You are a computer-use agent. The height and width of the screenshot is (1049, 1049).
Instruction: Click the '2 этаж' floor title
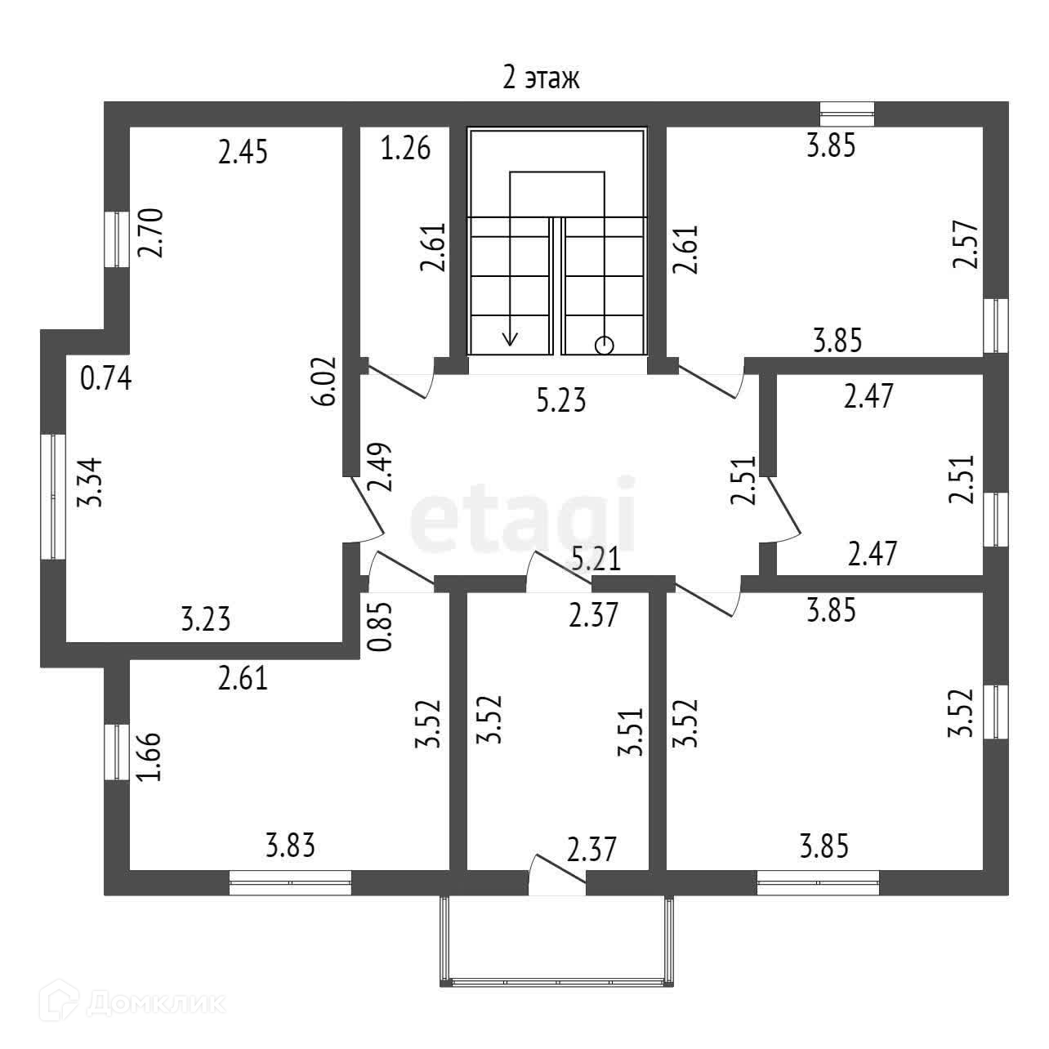click(541, 78)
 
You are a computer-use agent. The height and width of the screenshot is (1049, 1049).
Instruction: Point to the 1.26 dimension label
click(405, 150)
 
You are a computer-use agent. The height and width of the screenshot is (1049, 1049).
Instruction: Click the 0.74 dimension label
click(106, 379)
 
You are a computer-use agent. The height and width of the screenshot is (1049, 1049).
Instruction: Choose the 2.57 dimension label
click(965, 245)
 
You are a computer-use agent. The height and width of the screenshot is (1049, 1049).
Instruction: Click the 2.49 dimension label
click(381, 466)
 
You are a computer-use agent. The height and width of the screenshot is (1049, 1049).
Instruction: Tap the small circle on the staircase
click(604, 346)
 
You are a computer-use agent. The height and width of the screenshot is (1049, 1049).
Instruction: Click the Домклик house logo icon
click(63, 1001)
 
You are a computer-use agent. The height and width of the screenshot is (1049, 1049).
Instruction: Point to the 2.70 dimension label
click(151, 233)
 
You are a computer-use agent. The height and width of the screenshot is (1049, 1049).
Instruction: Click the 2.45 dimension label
click(243, 152)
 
